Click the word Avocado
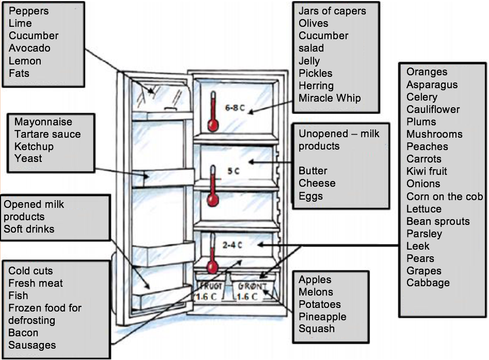coord(29,48)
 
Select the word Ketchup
coord(34,146)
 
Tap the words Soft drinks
coord(29,228)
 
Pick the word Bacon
coord(23,333)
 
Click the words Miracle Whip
coord(330,98)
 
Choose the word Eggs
coord(311,196)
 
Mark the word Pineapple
coord(322,316)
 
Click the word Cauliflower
coord(433,109)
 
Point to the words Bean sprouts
coord(438,221)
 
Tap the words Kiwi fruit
coord(427,171)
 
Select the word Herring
coord(316,86)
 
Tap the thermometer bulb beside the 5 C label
coord(211,200)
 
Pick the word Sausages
coord(32,345)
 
